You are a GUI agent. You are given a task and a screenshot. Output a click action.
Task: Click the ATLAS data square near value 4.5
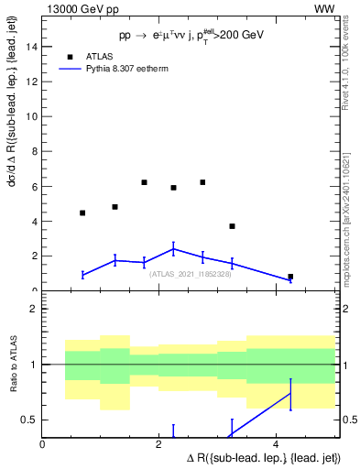point(82,213)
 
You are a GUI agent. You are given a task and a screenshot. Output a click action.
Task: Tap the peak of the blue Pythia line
point(173,248)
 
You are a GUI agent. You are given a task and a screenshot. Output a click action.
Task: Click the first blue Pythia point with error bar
point(82,275)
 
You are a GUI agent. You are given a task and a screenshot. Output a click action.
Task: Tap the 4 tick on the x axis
point(277,445)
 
